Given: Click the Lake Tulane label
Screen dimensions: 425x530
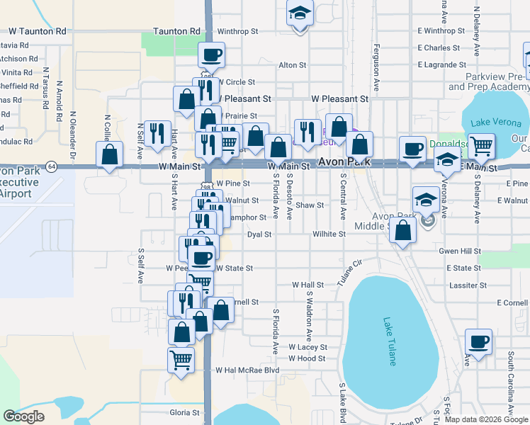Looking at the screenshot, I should click(390, 341).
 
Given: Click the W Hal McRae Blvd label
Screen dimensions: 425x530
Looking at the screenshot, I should click(249, 370).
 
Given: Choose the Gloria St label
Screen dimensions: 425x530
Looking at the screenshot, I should click(185, 412).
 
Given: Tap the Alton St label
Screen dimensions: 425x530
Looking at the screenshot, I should click(292, 65).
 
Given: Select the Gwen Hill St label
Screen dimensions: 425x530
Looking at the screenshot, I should click(460, 251).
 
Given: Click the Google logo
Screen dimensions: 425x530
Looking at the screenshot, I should click(23, 416).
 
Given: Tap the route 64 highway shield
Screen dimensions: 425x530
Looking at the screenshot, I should click(52, 166).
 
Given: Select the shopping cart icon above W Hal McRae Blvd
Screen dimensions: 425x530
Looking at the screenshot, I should click(181, 358).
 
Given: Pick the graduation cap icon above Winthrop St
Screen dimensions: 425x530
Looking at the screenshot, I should click(300, 13).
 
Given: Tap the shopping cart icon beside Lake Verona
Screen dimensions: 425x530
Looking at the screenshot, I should click(482, 146).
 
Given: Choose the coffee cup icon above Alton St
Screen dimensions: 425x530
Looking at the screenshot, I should click(212, 54).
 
